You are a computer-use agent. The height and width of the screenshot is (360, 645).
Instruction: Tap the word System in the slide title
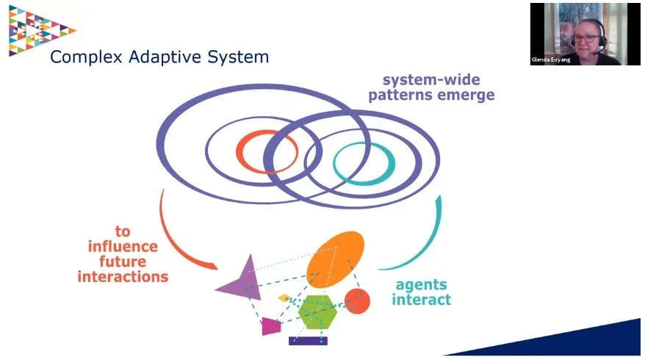234,56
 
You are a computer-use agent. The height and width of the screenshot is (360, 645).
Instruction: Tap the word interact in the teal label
421,300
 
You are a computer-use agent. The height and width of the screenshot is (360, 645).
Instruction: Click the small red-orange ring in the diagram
267,151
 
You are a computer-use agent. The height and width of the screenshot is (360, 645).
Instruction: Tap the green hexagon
317,313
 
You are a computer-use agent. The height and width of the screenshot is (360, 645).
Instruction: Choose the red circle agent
357,300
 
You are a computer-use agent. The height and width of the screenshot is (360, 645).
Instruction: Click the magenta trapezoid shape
271,325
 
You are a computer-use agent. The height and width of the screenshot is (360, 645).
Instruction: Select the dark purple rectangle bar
308,341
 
